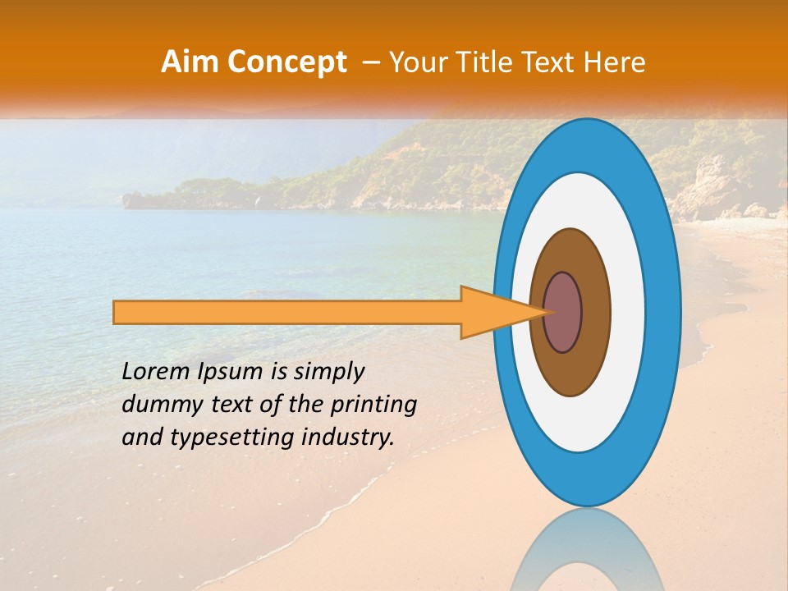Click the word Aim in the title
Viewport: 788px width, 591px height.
(x=191, y=62)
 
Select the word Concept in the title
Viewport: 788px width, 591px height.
(x=287, y=62)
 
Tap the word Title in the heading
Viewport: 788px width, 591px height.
(x=488, y=62)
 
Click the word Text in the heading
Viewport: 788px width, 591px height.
(x=552, y=62)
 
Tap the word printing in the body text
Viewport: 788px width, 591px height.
(x=374, y=405)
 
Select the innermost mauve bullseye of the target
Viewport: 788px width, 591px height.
(x=563, y=312)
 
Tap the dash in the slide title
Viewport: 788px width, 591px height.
(x=369, y=62)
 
